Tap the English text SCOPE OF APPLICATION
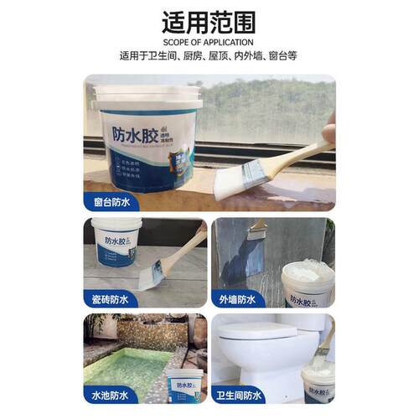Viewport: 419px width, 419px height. click(209, 42)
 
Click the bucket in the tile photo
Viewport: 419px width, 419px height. click(116, 242)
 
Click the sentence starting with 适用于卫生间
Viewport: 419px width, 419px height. click(209, 57)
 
